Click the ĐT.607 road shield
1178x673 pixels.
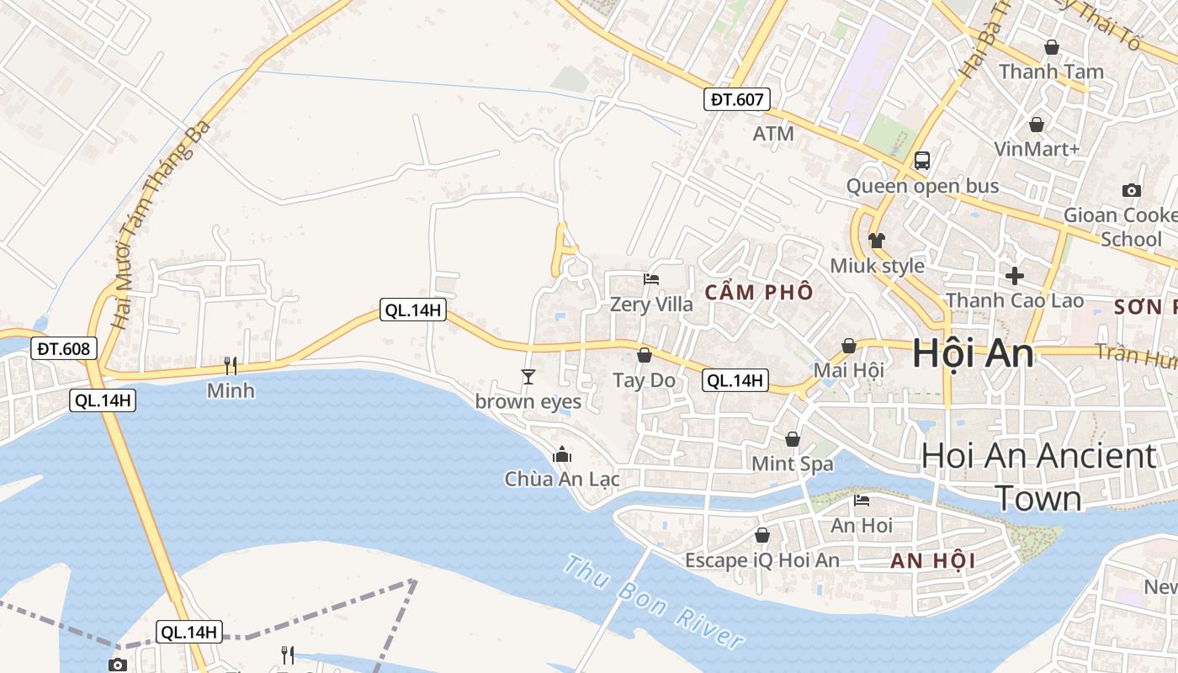[737, 100]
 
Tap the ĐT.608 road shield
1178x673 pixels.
[64, 348]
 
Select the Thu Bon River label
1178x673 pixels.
[654, 601]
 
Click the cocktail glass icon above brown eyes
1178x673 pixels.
[528, 377]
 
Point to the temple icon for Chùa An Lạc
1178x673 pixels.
[561, 455]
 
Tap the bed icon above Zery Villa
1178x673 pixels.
[651, 279]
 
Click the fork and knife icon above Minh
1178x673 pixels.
[230, 365]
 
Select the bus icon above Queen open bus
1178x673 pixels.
[922, 160]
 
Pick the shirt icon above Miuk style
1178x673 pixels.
[877, 241]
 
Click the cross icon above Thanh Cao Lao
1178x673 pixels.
[1015, 275]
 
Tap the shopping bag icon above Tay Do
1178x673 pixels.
[644, 355]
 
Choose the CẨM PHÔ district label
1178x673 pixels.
[759, 293]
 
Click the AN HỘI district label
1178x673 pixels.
[932, 561]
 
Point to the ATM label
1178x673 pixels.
[773, 134]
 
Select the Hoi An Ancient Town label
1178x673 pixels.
[1038, 476]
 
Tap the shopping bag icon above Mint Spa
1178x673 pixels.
[792, 438]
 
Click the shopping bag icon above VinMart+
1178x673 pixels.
[1037, 124]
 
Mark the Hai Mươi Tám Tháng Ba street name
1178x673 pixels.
[160, 223]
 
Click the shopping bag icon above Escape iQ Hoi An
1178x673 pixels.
[761, 535]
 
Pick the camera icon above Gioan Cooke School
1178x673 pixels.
[1132, 190]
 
